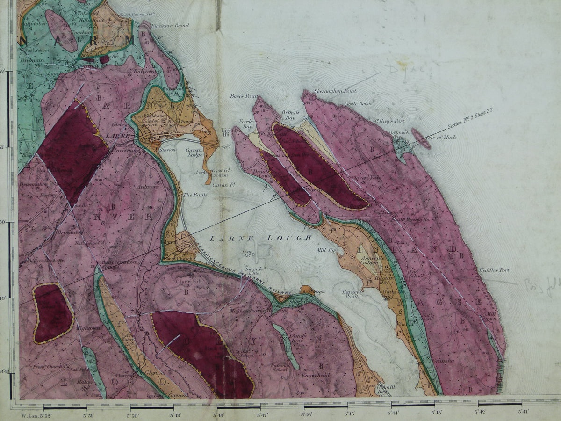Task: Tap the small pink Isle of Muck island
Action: [421, 138]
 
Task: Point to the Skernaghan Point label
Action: [336, 91]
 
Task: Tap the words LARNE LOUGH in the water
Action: [260, 238]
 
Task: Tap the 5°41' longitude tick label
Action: [524, 412]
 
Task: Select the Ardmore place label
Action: [149, 187]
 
